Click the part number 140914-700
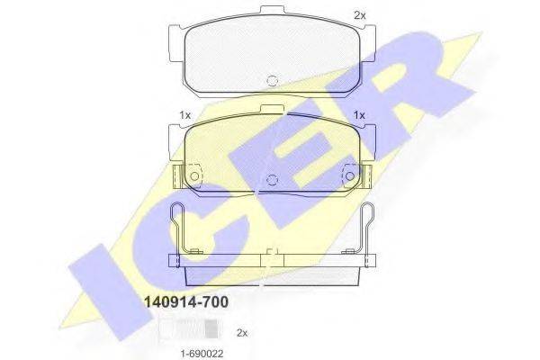coord(186,302)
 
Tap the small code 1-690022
coord(202,354)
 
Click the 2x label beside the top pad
coord(360,15)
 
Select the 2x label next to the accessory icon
coord(242,333)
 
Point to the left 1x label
coord(185,115)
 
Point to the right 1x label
coord(359,115)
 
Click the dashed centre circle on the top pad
coord(272,80)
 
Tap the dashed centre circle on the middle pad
coord(272,179)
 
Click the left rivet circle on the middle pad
coord(194,176)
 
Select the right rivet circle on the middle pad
coord(350,176)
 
